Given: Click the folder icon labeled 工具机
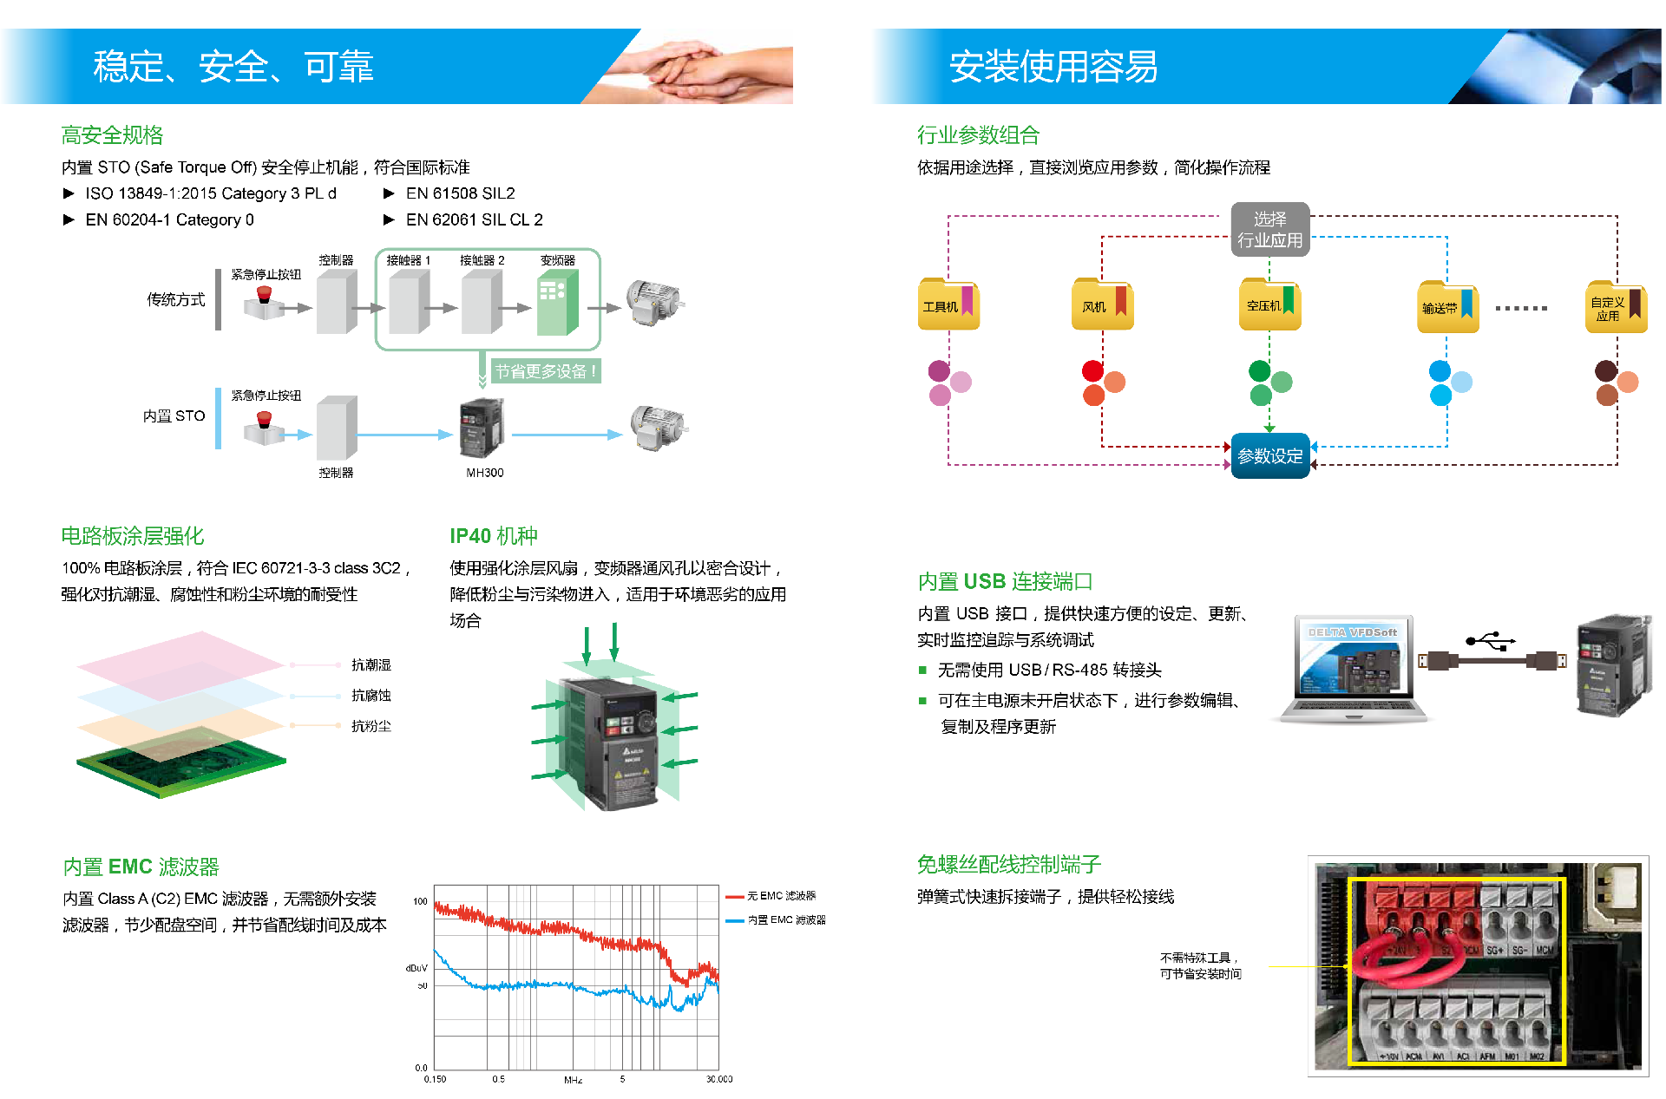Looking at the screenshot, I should pos(948,305).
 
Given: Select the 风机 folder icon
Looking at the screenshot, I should pos(1102,305).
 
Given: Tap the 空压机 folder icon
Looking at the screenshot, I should pos(1269,305).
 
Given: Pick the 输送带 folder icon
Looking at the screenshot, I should pos(1447,307).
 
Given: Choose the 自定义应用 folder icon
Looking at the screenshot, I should pos(1616,307).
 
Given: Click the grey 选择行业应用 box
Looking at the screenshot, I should pos(1269,230).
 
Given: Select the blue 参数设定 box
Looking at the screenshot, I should pos(1269,455).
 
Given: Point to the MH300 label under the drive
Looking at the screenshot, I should pos(484,473).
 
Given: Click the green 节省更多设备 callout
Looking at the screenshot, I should pos(546,371).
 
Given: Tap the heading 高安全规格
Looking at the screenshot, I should pos(112,135).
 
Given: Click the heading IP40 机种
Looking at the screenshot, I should pos(493,536).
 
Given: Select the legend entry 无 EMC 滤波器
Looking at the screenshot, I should pos(780,896).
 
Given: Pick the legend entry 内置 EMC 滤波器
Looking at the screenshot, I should pos(785,919).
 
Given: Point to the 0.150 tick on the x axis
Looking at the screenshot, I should pos(435,1079).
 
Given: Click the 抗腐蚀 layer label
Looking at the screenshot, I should pos(371,696).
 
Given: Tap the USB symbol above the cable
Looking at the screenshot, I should pos(1490,641).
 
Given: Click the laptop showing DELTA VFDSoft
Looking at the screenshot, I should pos(1354,668).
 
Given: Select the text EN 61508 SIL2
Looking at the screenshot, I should pos(460,193).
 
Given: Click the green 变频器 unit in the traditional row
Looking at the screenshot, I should pos(557,303).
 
